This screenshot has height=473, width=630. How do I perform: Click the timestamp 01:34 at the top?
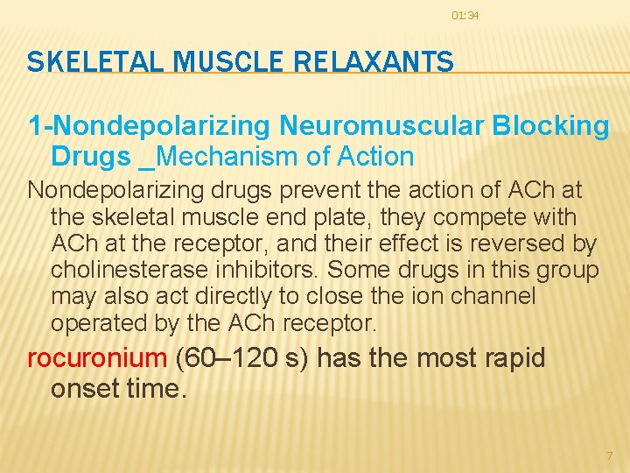pyautogui.click(x=465, y=16)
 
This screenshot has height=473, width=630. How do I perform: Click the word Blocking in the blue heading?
pyautogui.click(x=550, y=126)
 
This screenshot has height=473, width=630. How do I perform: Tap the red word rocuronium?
pyautogui.click(x=97, y=358)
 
